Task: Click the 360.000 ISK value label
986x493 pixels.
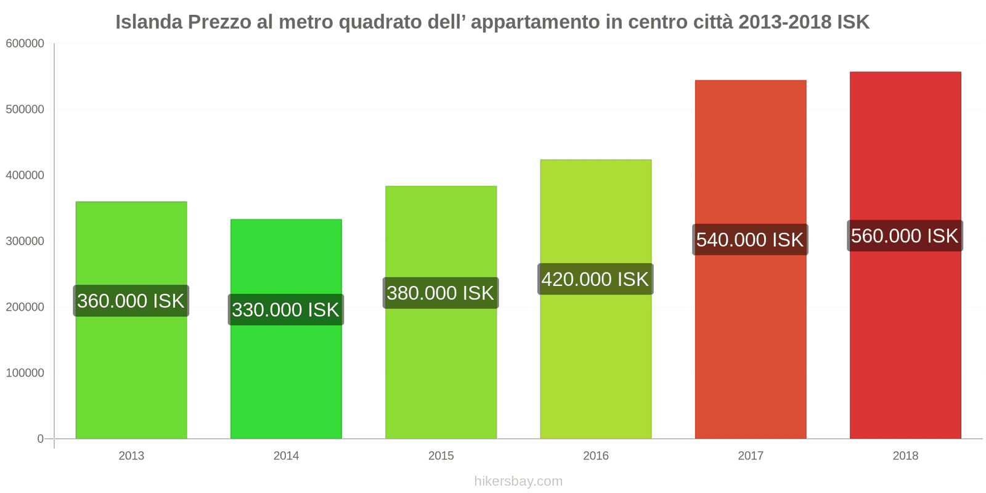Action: tap(131, 301)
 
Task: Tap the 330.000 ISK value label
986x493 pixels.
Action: tap(285, 309)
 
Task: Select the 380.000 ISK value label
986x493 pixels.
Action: tap(440, 293)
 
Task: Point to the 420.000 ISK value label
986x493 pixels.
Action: tap(595, 279)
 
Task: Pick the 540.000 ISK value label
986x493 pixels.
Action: tap(750, 240)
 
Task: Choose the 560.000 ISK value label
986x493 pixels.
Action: tap(905, 235)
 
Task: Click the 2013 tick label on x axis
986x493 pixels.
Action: tap(131, 455)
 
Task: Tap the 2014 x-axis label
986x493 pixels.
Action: tap(286, 455)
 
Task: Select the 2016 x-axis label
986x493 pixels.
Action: tap(595, 455)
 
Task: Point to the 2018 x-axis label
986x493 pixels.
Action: tap(905, 455)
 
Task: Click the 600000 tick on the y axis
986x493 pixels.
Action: tap(25, 43)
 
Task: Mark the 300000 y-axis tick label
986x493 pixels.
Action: tap(25, 241)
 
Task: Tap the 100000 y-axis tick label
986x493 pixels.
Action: tap(25, 373)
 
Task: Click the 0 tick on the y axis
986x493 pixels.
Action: tap(41, 439)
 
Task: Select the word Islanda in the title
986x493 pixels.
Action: tap(149, 22)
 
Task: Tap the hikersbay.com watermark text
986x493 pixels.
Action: tap(518, 481)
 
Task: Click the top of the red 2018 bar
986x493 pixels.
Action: tap(905, 73)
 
